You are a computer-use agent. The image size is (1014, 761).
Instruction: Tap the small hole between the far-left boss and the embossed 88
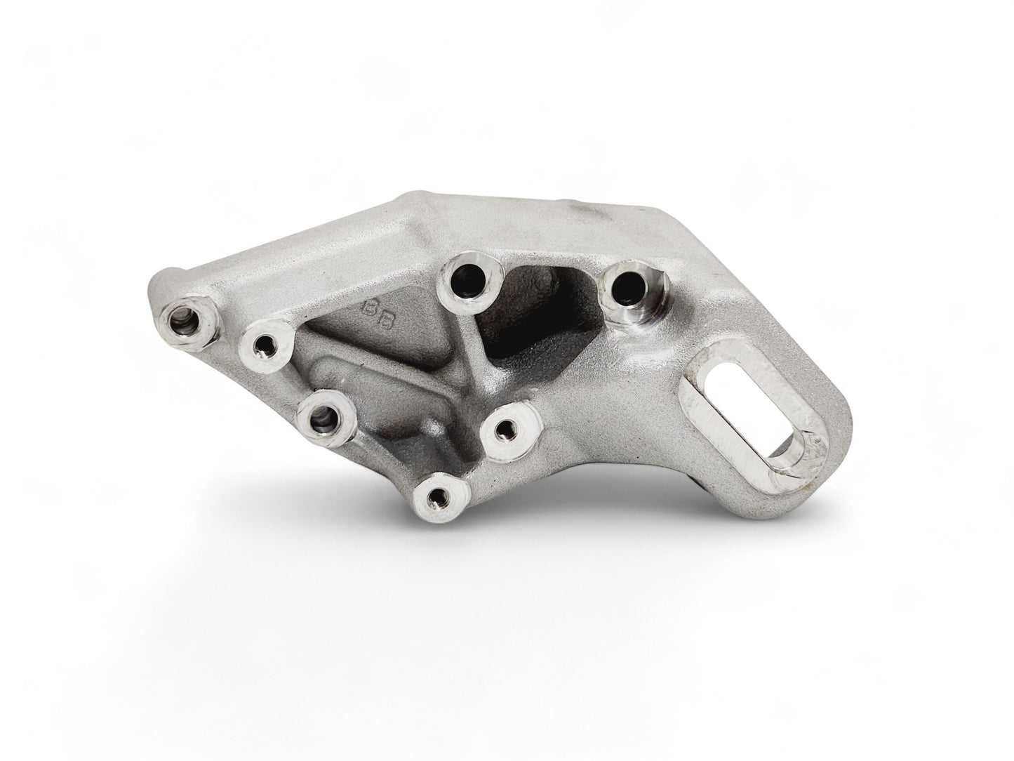(x=265, y=345)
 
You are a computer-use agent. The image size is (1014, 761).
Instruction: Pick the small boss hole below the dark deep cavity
(x=507, y=428)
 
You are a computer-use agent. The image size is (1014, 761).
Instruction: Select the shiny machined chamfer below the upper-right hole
(x=642, y=316)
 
